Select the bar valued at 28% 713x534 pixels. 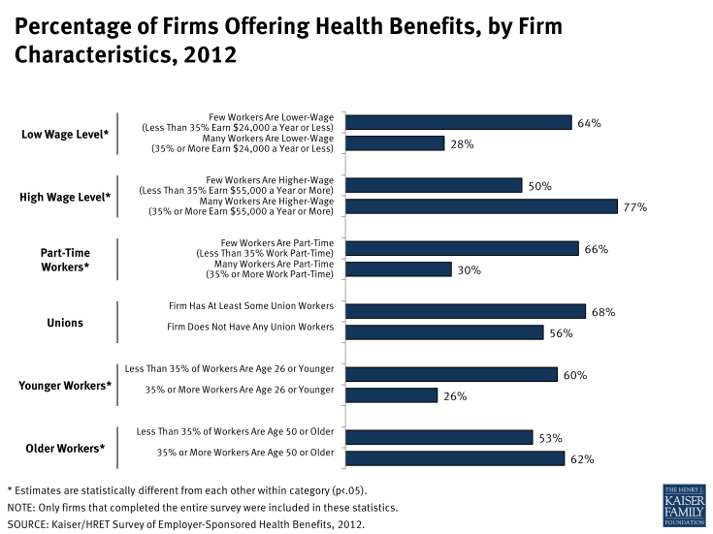395,143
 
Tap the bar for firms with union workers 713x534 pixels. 466,311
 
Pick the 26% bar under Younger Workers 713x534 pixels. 392,394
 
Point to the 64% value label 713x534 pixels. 590,123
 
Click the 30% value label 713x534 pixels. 470,270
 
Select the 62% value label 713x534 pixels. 582,458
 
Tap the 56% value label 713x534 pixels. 561,332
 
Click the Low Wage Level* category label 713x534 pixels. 66,135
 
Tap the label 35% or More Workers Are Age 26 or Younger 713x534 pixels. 240,390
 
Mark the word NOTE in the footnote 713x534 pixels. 21,507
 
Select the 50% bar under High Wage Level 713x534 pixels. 435,185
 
